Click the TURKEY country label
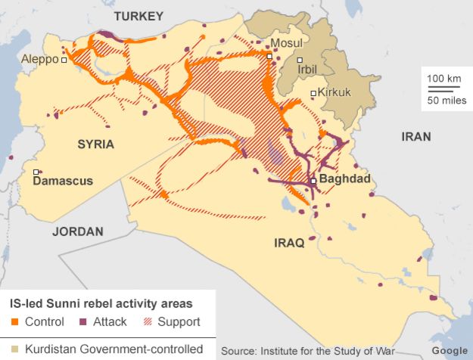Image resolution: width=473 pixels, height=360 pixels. (x=138, y=16)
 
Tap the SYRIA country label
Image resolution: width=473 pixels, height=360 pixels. (x=95, y=144)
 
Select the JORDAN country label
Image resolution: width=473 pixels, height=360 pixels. (x=77, y=231)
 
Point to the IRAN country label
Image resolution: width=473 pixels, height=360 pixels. (x=416, y=137)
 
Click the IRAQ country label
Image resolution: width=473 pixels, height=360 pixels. (x=288, y=243)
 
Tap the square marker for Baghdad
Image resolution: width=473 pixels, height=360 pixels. (x=313, y=182)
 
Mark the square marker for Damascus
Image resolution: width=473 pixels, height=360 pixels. (x=36, y=172)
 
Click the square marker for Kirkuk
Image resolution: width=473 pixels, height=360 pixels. (x=313, y=94)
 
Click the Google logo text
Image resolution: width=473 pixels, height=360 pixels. (x=449, y=351)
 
